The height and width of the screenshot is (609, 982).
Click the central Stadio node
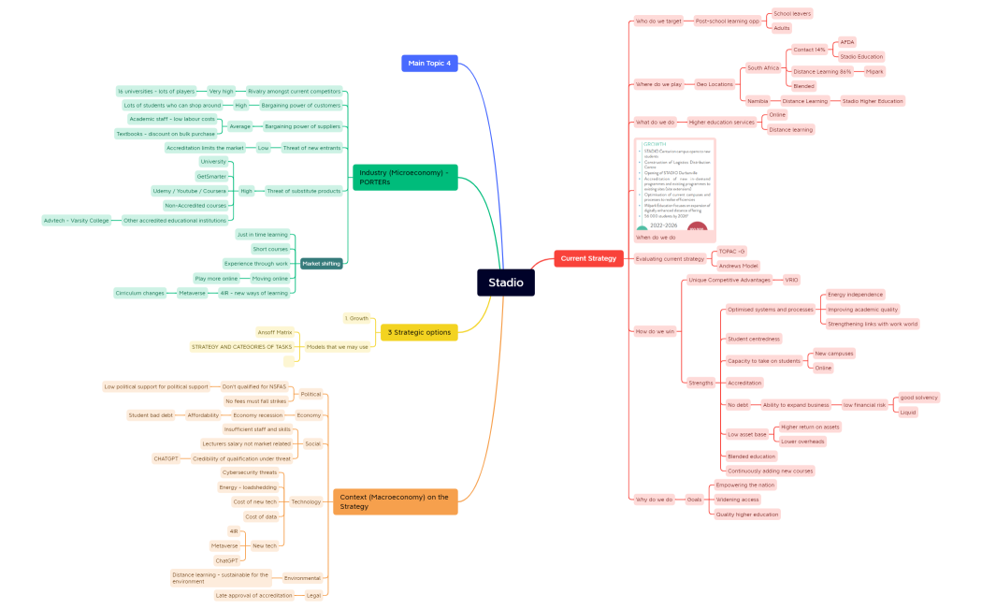pyautogui.click(x=505, y=283)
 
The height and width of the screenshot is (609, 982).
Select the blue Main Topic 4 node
pyautogui.click(x=429, y=63)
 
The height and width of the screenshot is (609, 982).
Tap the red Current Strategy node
pyautogui.click(x=588, y=258)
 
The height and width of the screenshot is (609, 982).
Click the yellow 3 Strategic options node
pyautogui.click(x=419, y=332)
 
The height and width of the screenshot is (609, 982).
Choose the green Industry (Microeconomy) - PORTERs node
pyautogui.click(x=405, y=177)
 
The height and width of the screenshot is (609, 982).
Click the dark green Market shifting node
pyautogui.click(x=321, y=264)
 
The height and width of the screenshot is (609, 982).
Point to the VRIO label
pyautogui.click(x=791, y=280)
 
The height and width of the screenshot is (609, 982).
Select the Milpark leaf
pyautogui.click(x=874, y=71)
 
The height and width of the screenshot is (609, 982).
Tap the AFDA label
pyautogui.click(x=846, y=42)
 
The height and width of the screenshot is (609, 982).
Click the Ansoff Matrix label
pyautogui.click(x=275, y=332)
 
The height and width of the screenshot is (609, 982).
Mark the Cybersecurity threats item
pyautogui.click(x=249, y=472)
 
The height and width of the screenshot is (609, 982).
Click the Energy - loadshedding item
pyautogui.click(x=247, y=487)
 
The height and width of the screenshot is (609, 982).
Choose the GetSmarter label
pyautogui.click(x=211, y=176)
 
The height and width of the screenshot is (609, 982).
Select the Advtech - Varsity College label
pyautogui.click(x=76, y=221)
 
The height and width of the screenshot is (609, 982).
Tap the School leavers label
pyautogui.click(x=791, y=14)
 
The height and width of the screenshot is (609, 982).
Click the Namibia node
pyautogui.click(x=757, y=101)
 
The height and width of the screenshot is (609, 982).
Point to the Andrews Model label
pyautogui.click(x=737, y=266)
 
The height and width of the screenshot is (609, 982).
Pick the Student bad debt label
pyautogui.click(x=151, y=415)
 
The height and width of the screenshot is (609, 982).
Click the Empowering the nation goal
pyautogui.click(x=745, y=485)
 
